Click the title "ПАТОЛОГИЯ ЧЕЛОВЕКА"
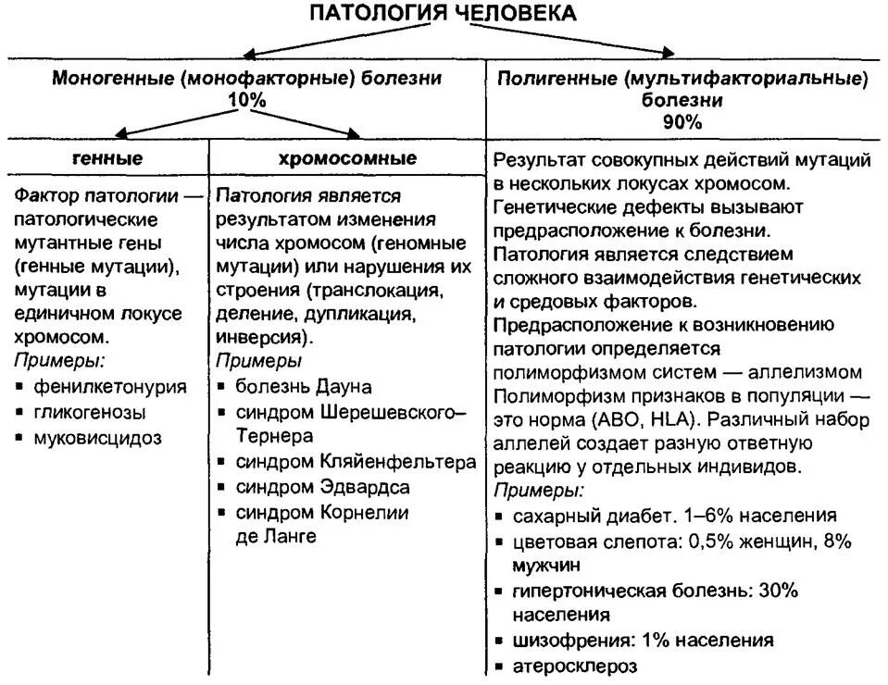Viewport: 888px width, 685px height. click(x=442, y=13)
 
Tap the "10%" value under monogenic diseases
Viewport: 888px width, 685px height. click(x=246, y=100)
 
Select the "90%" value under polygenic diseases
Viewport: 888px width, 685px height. click(x=682, y=121)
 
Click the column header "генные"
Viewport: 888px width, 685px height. click(x=107, y=158)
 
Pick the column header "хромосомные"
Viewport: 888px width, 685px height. click(x=347, y=158)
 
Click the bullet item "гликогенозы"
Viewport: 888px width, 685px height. click(x=91, y=412)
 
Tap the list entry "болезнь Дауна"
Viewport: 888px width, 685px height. click(x=303, y=385)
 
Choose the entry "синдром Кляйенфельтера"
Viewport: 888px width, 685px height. click(x=356, y=461)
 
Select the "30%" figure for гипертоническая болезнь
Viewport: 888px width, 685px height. click(x=778, y=590)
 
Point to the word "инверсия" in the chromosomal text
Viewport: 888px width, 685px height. click(x=256, y=337)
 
